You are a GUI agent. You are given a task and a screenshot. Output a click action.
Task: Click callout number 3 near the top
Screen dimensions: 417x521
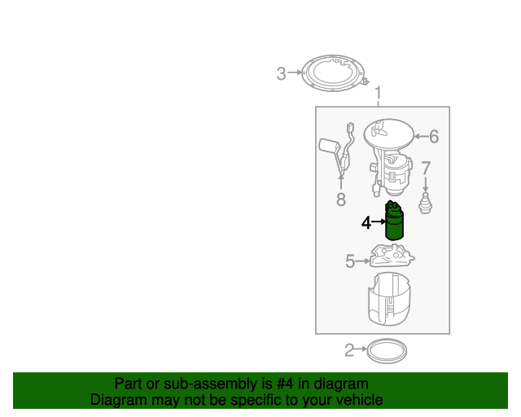[281, 74]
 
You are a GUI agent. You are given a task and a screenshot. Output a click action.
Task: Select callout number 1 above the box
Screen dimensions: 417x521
[378, 94]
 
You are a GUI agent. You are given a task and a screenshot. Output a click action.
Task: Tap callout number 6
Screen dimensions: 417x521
[433, 137]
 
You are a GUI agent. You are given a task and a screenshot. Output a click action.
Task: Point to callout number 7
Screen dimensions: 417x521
[425, 169]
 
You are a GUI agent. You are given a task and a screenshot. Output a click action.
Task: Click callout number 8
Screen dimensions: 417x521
[340, 199]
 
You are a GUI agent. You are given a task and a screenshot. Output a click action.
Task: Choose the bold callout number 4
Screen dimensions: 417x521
[366, 222]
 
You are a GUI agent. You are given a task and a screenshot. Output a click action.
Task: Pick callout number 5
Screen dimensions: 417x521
[350, 261]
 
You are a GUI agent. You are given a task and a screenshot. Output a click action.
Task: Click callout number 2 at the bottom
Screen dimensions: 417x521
[349, 351]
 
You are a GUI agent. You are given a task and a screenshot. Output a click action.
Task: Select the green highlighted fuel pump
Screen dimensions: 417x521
[394, 219]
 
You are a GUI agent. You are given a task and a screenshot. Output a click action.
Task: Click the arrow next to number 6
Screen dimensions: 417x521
[420, 137]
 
